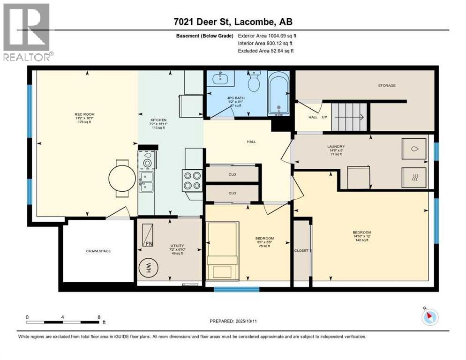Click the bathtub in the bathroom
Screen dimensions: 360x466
[278, 93]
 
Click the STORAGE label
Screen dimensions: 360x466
[387, 85]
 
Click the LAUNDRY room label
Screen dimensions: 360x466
[336, 146]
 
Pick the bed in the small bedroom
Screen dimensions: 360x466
[223, 250]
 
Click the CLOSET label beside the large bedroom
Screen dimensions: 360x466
[301, 251]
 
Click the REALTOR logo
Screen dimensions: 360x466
[27, 32]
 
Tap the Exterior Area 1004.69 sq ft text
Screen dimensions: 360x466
[267, 36]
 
